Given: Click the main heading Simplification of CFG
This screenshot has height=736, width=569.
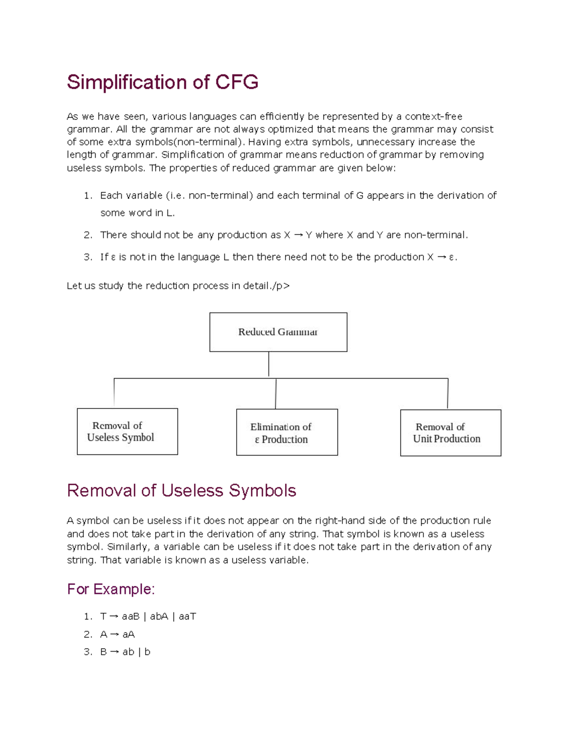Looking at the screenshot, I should point(163,82).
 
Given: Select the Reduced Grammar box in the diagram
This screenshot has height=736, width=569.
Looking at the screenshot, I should point(278,332).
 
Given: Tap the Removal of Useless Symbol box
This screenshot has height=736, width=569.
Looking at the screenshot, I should point(127,431).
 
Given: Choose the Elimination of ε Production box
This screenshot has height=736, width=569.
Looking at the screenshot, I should point(287,432).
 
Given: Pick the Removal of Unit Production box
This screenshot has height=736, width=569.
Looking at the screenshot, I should point(450,433).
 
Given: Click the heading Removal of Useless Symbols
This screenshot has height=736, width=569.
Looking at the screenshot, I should point(182,491).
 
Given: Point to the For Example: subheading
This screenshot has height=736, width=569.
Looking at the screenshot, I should point(111,589).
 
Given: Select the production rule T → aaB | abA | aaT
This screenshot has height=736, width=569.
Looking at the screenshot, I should point(148,617).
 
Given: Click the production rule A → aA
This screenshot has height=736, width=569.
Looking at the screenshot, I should point(118,634).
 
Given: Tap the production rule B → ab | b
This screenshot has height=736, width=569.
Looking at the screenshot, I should point(125,652).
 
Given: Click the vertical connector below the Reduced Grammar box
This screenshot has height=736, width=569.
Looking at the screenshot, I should point(269,364).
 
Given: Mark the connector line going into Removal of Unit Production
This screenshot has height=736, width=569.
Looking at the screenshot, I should point(448,393).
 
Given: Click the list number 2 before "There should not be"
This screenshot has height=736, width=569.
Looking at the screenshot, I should point(88,235).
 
